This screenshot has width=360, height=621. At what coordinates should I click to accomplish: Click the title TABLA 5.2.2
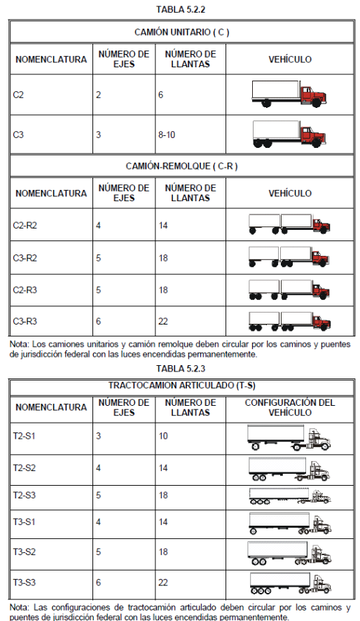tap(181, 10)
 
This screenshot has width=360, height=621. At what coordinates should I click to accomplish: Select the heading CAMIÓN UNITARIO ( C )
tap(182, 32)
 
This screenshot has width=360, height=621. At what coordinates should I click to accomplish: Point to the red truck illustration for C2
tap(289, 94)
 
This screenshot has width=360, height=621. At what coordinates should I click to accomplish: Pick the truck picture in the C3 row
tap(289, 135)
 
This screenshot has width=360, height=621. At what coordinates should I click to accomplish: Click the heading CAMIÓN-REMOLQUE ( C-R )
tap(182, 166)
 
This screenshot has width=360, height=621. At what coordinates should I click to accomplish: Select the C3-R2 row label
tap(25, 258)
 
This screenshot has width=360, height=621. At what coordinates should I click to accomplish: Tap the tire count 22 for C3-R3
tap(163, 321)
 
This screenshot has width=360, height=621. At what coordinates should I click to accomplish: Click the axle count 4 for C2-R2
tap(98, 226)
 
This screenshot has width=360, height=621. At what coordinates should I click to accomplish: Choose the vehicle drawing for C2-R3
tap(289, 290)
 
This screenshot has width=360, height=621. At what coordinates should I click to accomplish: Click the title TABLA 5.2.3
tap(181, 369)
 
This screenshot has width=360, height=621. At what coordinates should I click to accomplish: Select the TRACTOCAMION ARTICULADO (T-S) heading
tap(182, 385)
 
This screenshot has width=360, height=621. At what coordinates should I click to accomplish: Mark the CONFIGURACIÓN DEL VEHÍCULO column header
tap(290, 407)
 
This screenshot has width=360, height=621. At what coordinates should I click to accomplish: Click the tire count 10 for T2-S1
tap(163, 436)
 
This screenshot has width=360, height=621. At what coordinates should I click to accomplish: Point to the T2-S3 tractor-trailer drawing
tap(290, 496)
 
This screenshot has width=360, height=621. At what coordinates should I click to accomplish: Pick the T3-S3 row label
tap(24, 582)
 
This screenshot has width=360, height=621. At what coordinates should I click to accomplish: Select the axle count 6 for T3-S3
tap(98, 582)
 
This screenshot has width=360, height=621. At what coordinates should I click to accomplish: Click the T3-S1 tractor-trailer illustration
tap(290, 524)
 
